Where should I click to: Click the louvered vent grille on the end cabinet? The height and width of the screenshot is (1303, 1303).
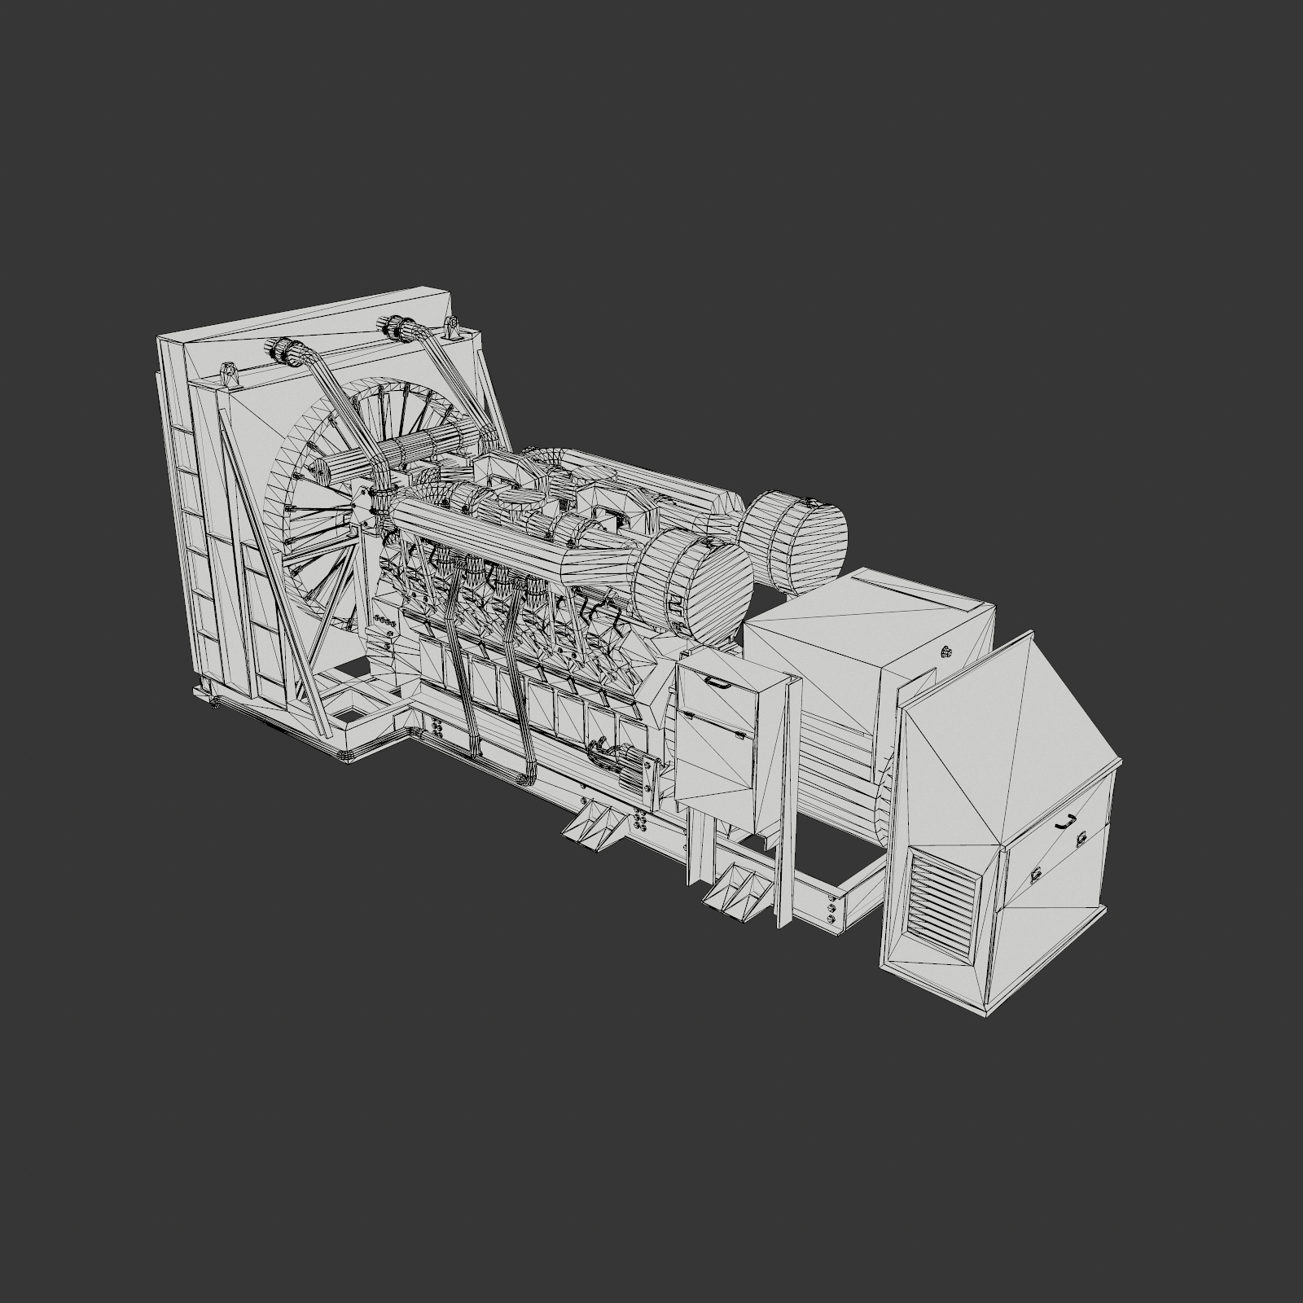click(945, 895)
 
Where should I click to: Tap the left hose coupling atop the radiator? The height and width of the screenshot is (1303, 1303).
click(280, 353)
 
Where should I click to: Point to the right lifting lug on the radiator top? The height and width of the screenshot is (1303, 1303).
click(450, 329)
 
